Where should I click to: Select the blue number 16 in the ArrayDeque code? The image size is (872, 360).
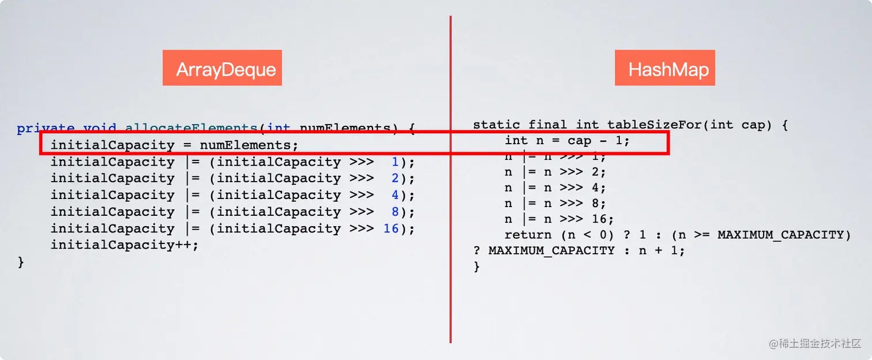coord(391,228)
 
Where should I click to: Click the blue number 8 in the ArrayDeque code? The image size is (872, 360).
coord(395,212)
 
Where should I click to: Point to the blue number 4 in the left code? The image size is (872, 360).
coord(395,195)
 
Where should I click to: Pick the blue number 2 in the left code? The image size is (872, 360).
coord(395,178)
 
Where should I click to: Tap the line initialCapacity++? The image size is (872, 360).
coord(124,245)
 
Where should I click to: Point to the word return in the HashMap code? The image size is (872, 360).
coord(528,235)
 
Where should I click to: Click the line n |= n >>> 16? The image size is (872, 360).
coord(559,219)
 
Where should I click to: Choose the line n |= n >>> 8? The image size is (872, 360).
coord(555,204)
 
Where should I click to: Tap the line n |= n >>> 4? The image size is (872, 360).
coord(555,187)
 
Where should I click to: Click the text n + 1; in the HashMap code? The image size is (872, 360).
coord(661,251)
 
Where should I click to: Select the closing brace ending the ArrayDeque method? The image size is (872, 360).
coord(21,262)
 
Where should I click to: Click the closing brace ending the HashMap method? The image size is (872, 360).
coord(476,267)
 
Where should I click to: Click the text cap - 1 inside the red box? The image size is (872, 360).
coord(598,140)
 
